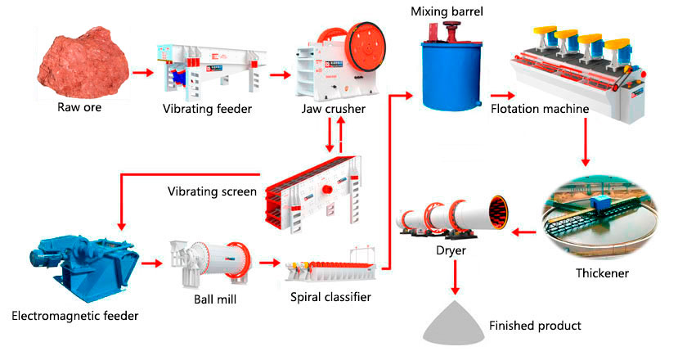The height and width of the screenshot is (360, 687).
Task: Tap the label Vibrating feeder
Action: point(205,108)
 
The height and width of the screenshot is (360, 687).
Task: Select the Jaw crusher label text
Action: point(330,108)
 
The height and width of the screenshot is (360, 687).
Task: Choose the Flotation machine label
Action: point(540,108)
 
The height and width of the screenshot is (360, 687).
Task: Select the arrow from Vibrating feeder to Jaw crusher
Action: point(280,74)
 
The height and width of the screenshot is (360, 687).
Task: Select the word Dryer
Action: point(451,250)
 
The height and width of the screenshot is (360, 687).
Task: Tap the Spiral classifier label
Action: point(330,297)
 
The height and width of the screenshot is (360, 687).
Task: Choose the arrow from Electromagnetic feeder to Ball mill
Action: point(151,263)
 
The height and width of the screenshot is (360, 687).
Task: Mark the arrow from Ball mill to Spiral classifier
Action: point(268,263)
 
